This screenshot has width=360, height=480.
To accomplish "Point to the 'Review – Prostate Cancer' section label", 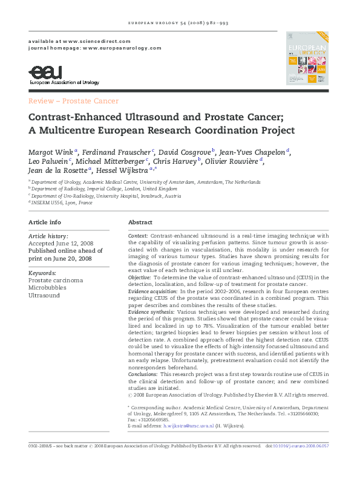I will click(74, 101).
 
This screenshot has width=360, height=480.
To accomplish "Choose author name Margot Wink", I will click(50, 151).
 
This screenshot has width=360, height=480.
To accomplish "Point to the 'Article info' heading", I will click(45, 222).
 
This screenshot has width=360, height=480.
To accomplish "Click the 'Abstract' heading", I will click(140, 222).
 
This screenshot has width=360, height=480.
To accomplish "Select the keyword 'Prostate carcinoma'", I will click(56, 281).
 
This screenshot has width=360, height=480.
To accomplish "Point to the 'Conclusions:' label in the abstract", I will click(143, 374).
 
